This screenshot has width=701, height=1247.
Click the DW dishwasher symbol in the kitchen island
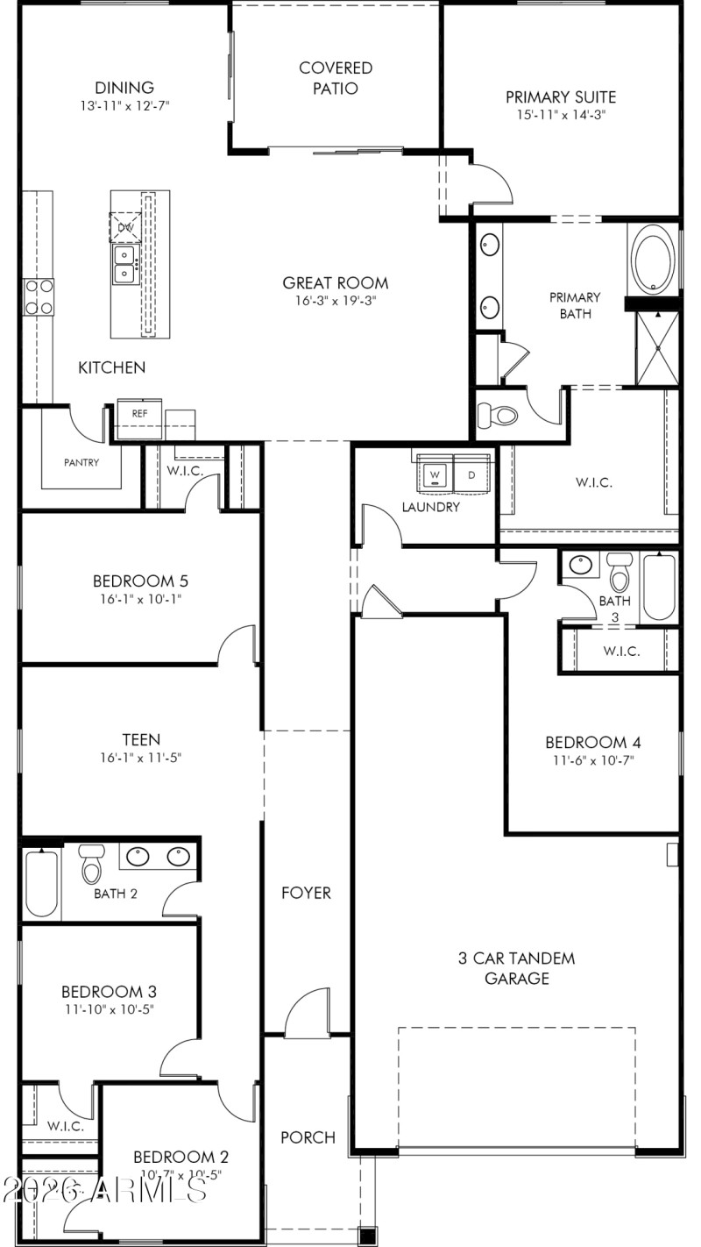point(125,227)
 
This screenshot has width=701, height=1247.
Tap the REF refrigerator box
point(139,412)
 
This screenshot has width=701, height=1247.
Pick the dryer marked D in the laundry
point(471,475)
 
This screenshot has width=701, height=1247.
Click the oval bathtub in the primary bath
point(654,259)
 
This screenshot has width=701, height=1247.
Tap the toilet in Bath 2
point(92,865)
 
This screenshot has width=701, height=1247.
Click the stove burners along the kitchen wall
point(38,296)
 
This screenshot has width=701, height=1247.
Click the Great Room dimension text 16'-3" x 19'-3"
point(335,301)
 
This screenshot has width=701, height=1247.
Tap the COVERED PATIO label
point(335,78)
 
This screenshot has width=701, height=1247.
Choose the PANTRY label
point(81,462)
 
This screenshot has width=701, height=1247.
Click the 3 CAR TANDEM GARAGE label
point(517,968)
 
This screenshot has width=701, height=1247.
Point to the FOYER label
point(306,893)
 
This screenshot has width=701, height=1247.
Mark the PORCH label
point(308,1137)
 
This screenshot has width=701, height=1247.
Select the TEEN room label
point(141,739)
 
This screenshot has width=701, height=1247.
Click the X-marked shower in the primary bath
point(657,347)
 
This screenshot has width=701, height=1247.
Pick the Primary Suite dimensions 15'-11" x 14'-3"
point(561,115)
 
